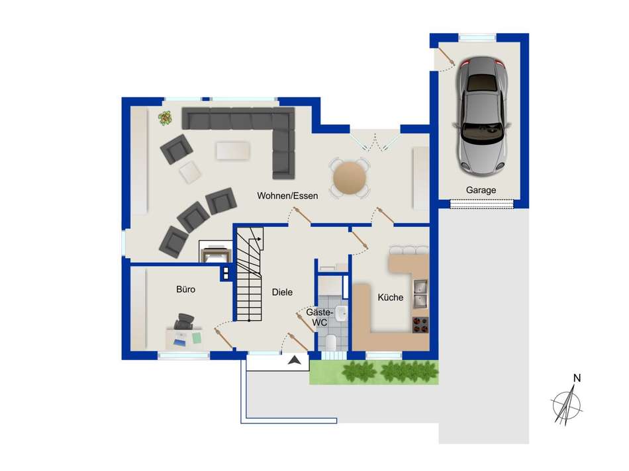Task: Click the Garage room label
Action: point(481,190)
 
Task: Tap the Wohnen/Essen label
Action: point(287,196)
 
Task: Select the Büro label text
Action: point(185,289)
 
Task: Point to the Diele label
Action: point(282,292)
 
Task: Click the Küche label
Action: point(391,298)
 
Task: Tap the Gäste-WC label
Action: point(319,318)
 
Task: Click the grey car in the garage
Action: point(481,116)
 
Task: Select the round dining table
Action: point(350,177)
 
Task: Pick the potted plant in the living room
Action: point(165,118)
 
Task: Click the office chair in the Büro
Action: point(184,321)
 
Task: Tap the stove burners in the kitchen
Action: point(420,325)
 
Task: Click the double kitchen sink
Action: point(420,294)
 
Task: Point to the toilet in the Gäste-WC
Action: point(331,343)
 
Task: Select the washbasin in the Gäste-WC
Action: point(342,314)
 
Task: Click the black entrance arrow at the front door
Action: point(295,361)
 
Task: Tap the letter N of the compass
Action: point(577,378)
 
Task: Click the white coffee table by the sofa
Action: point(233,151)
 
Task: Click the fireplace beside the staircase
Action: point(215,252)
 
